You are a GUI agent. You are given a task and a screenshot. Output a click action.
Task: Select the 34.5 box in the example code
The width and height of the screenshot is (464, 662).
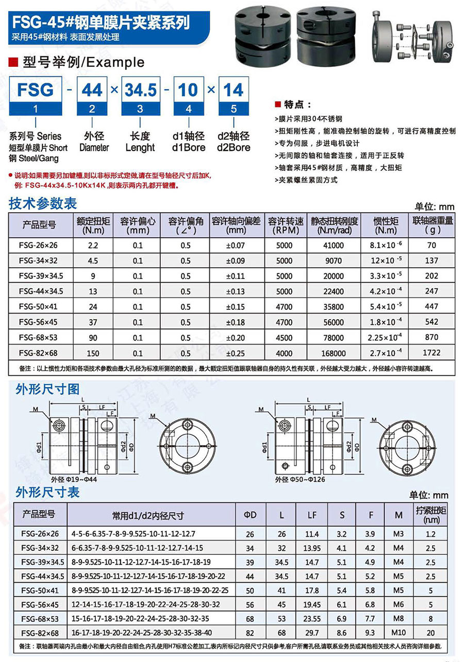(141, 90)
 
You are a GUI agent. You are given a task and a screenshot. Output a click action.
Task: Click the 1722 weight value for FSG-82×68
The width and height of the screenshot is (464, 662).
(432, 353)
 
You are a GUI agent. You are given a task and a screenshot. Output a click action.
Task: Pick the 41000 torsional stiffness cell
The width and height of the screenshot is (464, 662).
(334, 246)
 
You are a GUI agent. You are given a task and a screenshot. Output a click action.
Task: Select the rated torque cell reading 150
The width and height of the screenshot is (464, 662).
(93, 353)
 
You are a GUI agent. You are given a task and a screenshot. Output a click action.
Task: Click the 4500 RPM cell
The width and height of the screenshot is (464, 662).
(284, 338)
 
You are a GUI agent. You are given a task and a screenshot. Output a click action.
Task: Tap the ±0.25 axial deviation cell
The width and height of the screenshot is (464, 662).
(236, 353)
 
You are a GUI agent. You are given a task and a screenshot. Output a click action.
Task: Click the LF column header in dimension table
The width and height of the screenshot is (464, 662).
(312, 514)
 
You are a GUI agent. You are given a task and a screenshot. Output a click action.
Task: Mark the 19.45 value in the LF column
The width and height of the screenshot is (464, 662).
(312, 604)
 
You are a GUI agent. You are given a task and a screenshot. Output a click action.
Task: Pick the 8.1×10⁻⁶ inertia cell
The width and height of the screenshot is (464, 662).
(386, 246)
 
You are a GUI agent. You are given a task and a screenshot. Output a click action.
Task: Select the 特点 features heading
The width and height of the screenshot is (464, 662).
(294, 104)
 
